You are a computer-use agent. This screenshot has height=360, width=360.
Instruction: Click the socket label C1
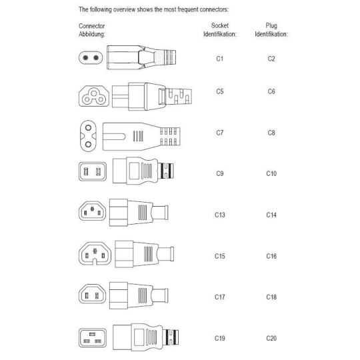[x=220, y=59]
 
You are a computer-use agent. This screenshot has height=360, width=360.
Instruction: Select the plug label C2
[x=271, y=59]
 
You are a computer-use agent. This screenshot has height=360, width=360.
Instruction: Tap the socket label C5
[x=220, y=91]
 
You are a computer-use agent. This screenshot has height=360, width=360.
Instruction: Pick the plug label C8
[x=271, y=133]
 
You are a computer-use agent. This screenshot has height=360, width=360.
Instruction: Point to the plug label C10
[x=271, y=173]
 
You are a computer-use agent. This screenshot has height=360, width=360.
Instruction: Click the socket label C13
[x=220, y=215]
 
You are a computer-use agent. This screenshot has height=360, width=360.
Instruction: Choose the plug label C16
[x=271, y=256]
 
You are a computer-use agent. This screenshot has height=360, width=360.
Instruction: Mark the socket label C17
[x=220, y=297]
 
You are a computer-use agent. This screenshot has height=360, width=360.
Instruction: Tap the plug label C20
[x=271, y=338]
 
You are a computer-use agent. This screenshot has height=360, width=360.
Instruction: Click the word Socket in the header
[x=220, y=25]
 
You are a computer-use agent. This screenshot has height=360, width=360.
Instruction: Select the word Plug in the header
[x=271, y=26]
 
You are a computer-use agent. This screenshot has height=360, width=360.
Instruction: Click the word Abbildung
[x=91, y=35]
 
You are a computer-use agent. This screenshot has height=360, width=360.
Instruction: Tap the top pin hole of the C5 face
[x=94, y=93]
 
